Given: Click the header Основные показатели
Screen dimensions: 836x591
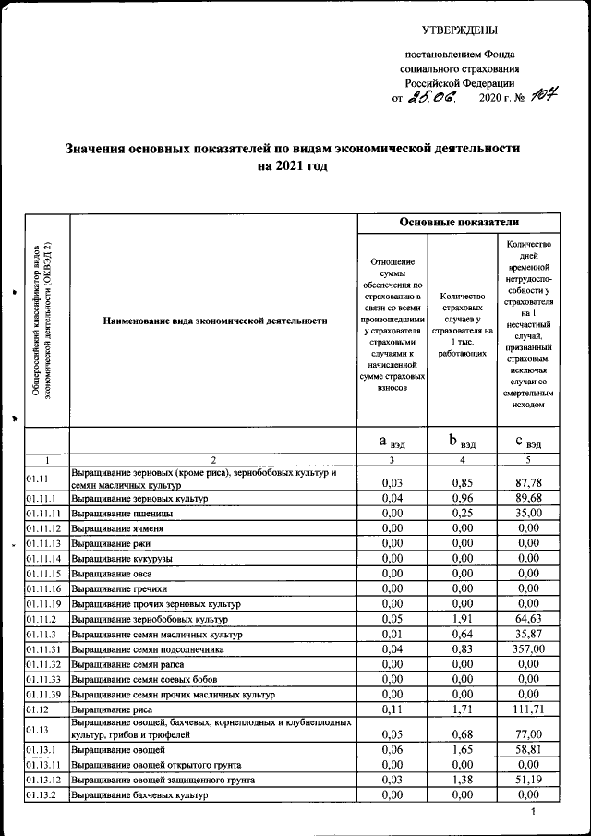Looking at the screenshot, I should coord(459,223).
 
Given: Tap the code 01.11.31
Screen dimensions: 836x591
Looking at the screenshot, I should coord(43,650).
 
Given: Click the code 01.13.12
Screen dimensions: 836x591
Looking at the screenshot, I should coord(43,780).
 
